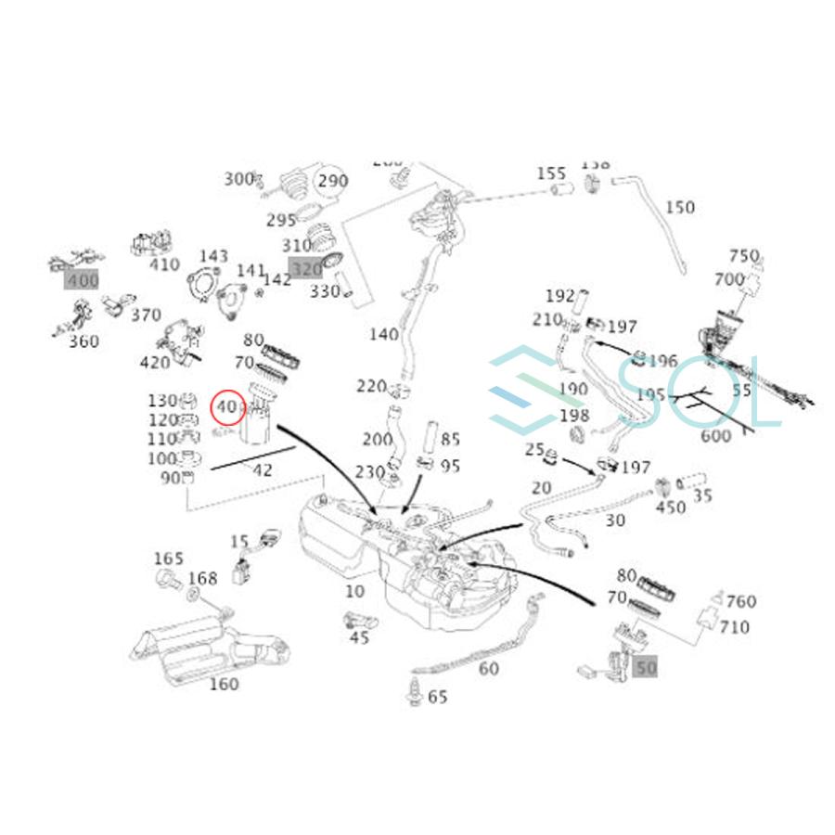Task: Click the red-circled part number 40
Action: pos(227,406)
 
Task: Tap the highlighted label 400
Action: pos(81,278)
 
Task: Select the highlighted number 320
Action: pos(305,269)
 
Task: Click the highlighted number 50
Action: pos(646,665)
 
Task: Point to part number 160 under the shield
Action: pos(223,685)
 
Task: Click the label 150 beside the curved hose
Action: pos(679,207)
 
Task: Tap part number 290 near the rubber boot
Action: pos(333,181)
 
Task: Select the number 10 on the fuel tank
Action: pos(354,591)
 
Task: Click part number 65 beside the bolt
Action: pos(437,696)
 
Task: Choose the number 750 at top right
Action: pos(744,256)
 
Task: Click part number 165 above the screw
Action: pos(168,559)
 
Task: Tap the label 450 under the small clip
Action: pos(670,507)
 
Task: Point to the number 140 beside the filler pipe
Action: pos(383,335)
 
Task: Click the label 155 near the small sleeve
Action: pos(550,173)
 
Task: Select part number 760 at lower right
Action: pos(740,602)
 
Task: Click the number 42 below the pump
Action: pos(263,470)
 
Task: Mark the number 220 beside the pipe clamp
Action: pos(371,386)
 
